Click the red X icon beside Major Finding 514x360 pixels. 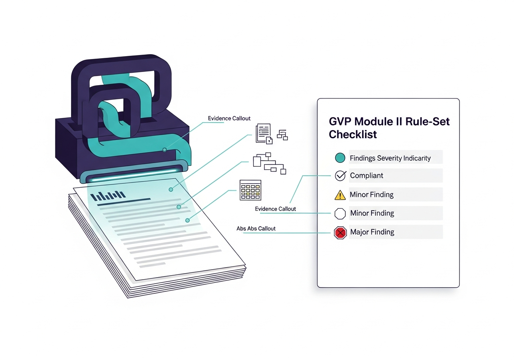tap(340, 233)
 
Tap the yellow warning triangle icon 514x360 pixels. tap(340, 195)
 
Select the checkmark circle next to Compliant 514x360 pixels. tap(341, 176)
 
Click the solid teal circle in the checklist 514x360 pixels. tap(340, 158)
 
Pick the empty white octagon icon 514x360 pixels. tap(340, 214)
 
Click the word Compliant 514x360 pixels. tap(367, 176)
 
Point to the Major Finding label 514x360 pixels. tap(372, 232)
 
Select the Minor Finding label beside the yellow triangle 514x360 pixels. tap(371, 194)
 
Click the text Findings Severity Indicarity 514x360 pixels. tap(390, 158)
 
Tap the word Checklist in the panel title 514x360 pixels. tap(353, 135)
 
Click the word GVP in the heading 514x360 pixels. tap(340, 121)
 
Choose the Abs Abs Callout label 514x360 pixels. tap(256, 229)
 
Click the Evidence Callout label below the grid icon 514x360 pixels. tap(275, 209)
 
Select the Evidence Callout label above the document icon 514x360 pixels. tap(229, 118)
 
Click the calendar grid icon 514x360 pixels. tap(250, 190)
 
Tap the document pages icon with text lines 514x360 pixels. tap(264, 134)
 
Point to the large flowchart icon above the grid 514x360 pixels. tap(269, 163)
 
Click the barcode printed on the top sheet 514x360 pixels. tap(108, 196)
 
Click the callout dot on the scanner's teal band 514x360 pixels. tap(165, 150)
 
